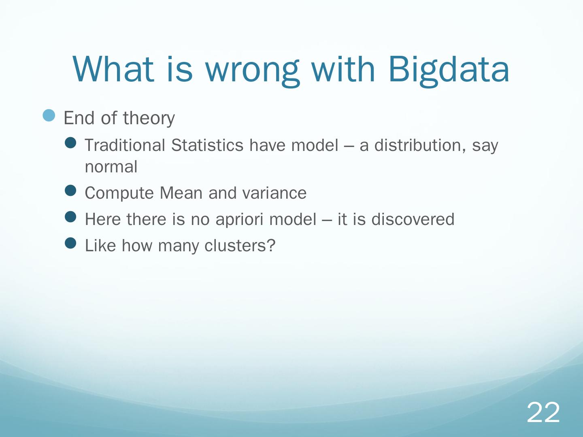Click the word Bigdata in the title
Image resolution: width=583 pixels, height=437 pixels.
coord(449,70)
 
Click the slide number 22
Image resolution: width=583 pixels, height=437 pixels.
coord(543,413)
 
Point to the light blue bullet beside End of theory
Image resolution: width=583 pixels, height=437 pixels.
coord(49,115)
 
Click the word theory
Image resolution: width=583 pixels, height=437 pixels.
coord(149,118)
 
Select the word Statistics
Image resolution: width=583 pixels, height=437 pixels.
coord(207,145)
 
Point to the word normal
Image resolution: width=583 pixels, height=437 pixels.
coord(111,167)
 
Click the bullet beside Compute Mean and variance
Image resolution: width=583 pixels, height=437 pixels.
coord(70,190)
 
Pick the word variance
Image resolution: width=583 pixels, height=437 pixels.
coord(274,193)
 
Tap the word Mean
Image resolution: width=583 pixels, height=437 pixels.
coord(181,193)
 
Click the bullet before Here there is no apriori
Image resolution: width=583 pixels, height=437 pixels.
coord(70,216)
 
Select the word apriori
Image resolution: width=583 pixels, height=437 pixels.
coord(239,220)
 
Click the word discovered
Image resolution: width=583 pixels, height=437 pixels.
coord(413,219)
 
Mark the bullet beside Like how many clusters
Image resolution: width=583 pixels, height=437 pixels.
coord(70,243)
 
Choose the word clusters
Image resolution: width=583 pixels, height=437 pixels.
coord(240,245)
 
